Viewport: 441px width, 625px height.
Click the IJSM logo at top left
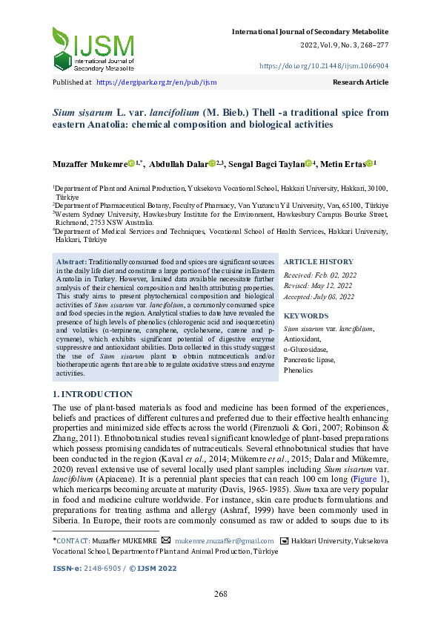pyautogui.click(x=93, y=49)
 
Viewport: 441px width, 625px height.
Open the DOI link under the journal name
pyautogui.click(x=323, y=65)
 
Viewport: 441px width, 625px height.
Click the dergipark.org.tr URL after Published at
pyautogui.click(x=156, y=82)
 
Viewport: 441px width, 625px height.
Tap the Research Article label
pyautogui.click(x=360, y=82)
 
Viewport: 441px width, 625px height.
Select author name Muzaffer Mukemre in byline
pyautogui.click(x=89, y=163)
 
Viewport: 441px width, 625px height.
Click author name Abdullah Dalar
pyautogui.click(x=178, y=163)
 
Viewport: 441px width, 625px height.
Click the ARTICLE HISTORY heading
pyautogui.click(x=319, y=262)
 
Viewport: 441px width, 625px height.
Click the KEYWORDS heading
pyautogui.click(x=305, y=316)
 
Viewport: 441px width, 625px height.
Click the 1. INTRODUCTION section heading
pyautogui.click(x=93, y=394)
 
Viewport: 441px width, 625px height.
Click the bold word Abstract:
pyautogui.click(x=72, y=262)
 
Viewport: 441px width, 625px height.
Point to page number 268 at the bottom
pyautogui.click(x=220, y=595)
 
